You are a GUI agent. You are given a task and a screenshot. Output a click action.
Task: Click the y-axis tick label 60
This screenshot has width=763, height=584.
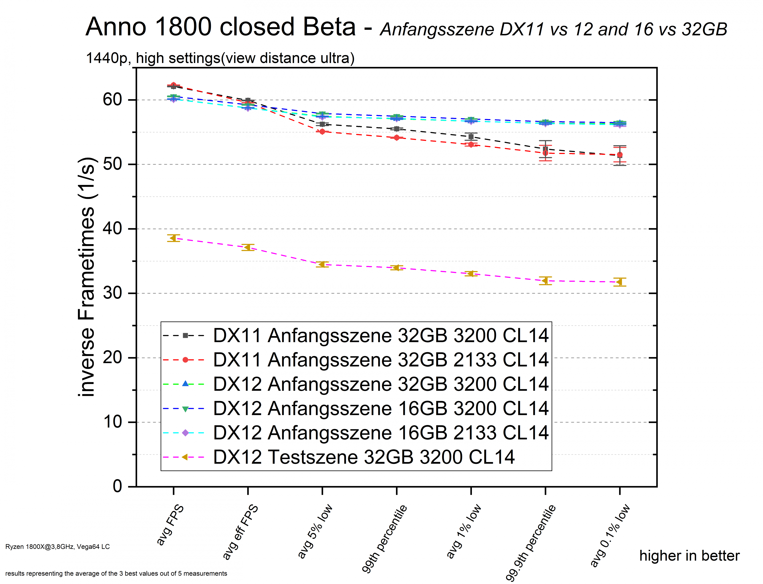tap(112, 100)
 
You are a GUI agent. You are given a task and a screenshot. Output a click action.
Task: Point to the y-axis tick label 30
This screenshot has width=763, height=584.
tap(112, 293)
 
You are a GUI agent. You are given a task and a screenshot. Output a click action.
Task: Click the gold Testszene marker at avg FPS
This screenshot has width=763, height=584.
tap(173, 238)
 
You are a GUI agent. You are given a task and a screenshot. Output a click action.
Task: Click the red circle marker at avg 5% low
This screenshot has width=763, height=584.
tap(322, 132)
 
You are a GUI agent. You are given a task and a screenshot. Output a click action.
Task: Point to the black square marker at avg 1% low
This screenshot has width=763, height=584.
tap(471, 137)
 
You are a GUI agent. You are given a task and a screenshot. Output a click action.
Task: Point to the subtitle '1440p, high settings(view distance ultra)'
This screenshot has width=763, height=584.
tap(220, 58)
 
